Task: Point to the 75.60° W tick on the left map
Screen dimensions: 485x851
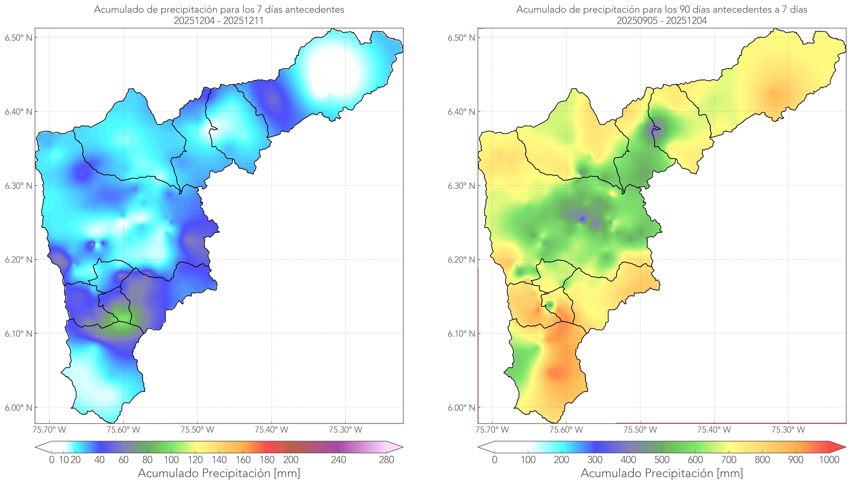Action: click(123, 430)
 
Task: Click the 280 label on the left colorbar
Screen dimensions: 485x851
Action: click(387, 460)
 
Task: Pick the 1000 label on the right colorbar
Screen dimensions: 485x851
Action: click(829, 460)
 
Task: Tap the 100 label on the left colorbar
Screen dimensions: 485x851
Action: click(171, 460)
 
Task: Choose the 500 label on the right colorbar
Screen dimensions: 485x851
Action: click(662, 460)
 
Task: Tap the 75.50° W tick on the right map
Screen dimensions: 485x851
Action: click(640, 430)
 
